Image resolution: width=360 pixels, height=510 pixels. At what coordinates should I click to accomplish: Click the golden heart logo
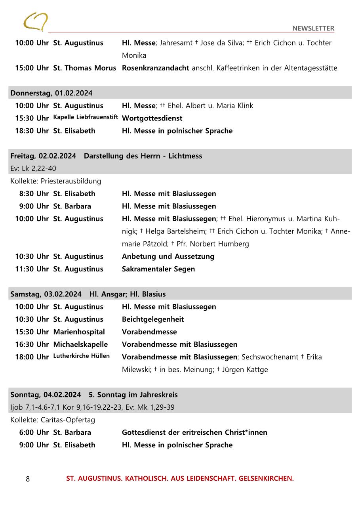click(x=36, y=21)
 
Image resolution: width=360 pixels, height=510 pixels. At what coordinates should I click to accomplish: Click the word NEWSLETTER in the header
click(x=313, y=28)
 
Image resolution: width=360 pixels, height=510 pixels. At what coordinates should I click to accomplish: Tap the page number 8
click(x=28, y=479)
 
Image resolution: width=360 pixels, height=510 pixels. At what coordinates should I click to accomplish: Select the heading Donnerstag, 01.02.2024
click(x=51, y=93)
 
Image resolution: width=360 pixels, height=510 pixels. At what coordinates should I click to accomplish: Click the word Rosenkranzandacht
click(x=155, y=68)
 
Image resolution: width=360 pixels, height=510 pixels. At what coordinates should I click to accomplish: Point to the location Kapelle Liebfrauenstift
click(x=86, y=117)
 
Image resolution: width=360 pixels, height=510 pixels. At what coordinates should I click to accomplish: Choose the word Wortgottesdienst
click(x=152, y=118)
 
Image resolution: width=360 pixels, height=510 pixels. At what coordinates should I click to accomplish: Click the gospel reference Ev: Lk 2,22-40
click(x=33, y=168)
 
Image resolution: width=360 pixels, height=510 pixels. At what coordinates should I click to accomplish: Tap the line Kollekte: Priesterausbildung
click(x=56, y=181)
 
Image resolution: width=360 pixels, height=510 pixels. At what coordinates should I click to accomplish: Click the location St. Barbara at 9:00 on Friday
click(x=72, y=206)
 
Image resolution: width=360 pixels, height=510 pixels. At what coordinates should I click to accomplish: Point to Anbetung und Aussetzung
click(x=168, y=256)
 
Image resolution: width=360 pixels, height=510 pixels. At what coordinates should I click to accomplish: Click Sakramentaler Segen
click(x=158, y=269)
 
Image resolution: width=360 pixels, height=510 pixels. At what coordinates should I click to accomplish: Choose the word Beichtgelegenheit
click(x=153, y=319)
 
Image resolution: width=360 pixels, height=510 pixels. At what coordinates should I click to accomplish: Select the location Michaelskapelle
click(x=80, y=344)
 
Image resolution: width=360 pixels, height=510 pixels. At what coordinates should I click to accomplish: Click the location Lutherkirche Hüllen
click(x=82, y=356)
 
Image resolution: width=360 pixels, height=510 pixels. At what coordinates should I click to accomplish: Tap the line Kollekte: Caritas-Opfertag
click(x=53, y=420)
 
